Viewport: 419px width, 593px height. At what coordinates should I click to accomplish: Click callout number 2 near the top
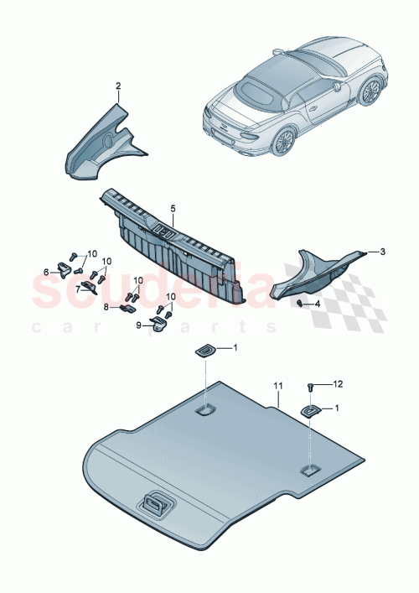click(118, 86)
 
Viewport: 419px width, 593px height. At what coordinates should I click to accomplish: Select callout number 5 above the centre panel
click(173, 207)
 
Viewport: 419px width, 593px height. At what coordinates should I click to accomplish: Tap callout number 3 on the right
click(382, 251)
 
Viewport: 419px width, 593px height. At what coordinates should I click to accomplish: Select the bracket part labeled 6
click(64, 269)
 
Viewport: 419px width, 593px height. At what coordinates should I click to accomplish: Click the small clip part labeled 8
click(127, 308)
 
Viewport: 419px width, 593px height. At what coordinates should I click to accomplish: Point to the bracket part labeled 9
click(159, 322)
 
